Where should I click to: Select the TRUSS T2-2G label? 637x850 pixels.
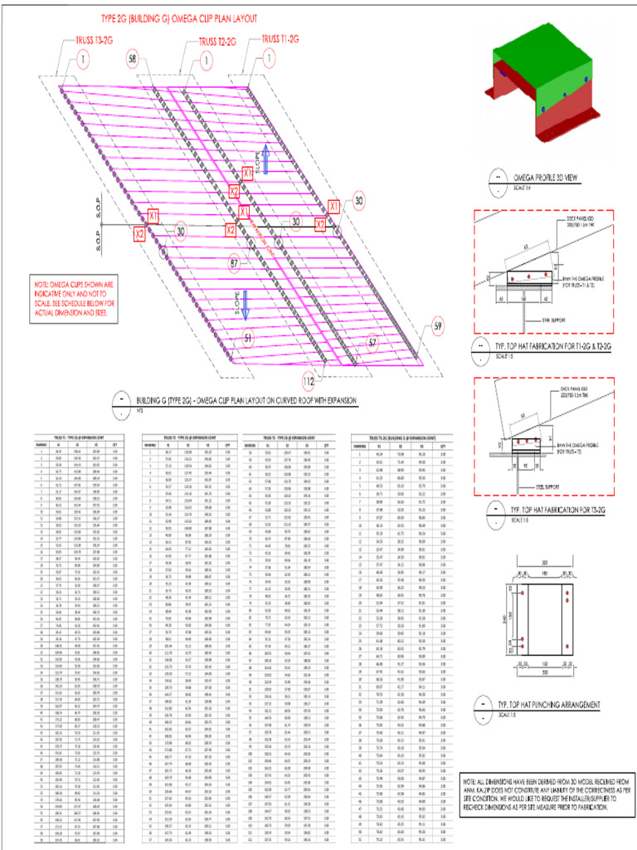click(x=216, y=42)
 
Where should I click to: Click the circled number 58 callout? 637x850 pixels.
click(x=134, y=57)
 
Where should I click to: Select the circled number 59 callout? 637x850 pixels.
click(x=438, y=327)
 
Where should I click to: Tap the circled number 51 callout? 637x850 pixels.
click(x=248, y=338)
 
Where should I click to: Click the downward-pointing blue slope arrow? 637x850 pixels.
click(x=246, y=299)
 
